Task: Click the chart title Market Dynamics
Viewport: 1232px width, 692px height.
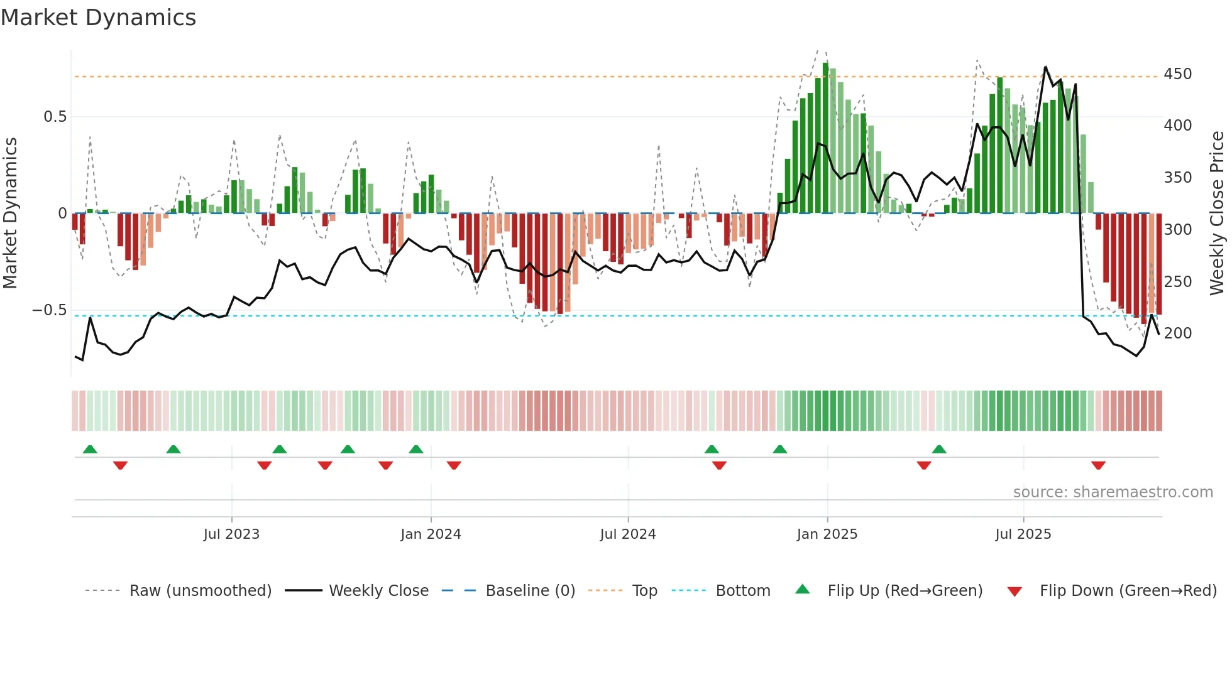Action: (99, 18)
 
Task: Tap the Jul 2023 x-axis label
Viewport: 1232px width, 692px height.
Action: (231, 534)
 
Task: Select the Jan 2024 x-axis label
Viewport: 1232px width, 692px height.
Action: (431, 534)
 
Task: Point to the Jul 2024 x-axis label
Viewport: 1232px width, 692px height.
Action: (628, 534)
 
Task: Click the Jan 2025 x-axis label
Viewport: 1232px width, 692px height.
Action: (827, 534)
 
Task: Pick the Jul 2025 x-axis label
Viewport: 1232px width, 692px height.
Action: (1023, 534)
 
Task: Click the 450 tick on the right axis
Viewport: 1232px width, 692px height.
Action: (1177, 74)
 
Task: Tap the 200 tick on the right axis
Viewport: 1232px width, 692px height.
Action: (1177, 333)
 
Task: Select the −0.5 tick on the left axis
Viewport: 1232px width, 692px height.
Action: (49, 310)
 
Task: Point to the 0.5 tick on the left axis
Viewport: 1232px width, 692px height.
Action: (55, 117)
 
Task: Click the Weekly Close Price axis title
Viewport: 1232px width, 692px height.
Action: (1217, 214)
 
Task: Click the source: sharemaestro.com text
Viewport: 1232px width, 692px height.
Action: (1113, 492)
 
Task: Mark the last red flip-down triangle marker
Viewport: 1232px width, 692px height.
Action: (1098, 465)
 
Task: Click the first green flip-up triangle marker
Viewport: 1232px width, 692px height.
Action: (90, 449)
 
